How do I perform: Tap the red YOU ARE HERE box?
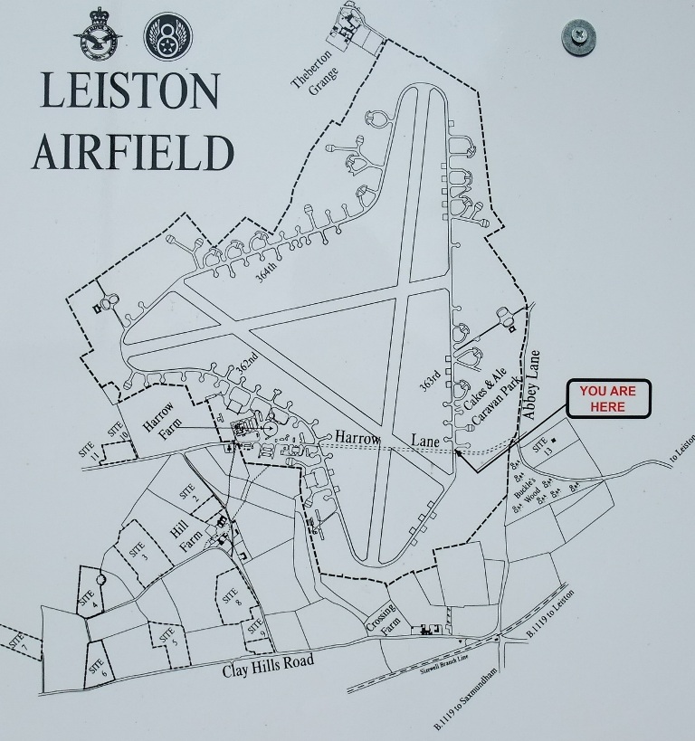tap(607, 399)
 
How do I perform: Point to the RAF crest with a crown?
tap(94, 35)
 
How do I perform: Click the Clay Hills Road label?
tap(268, 666)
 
